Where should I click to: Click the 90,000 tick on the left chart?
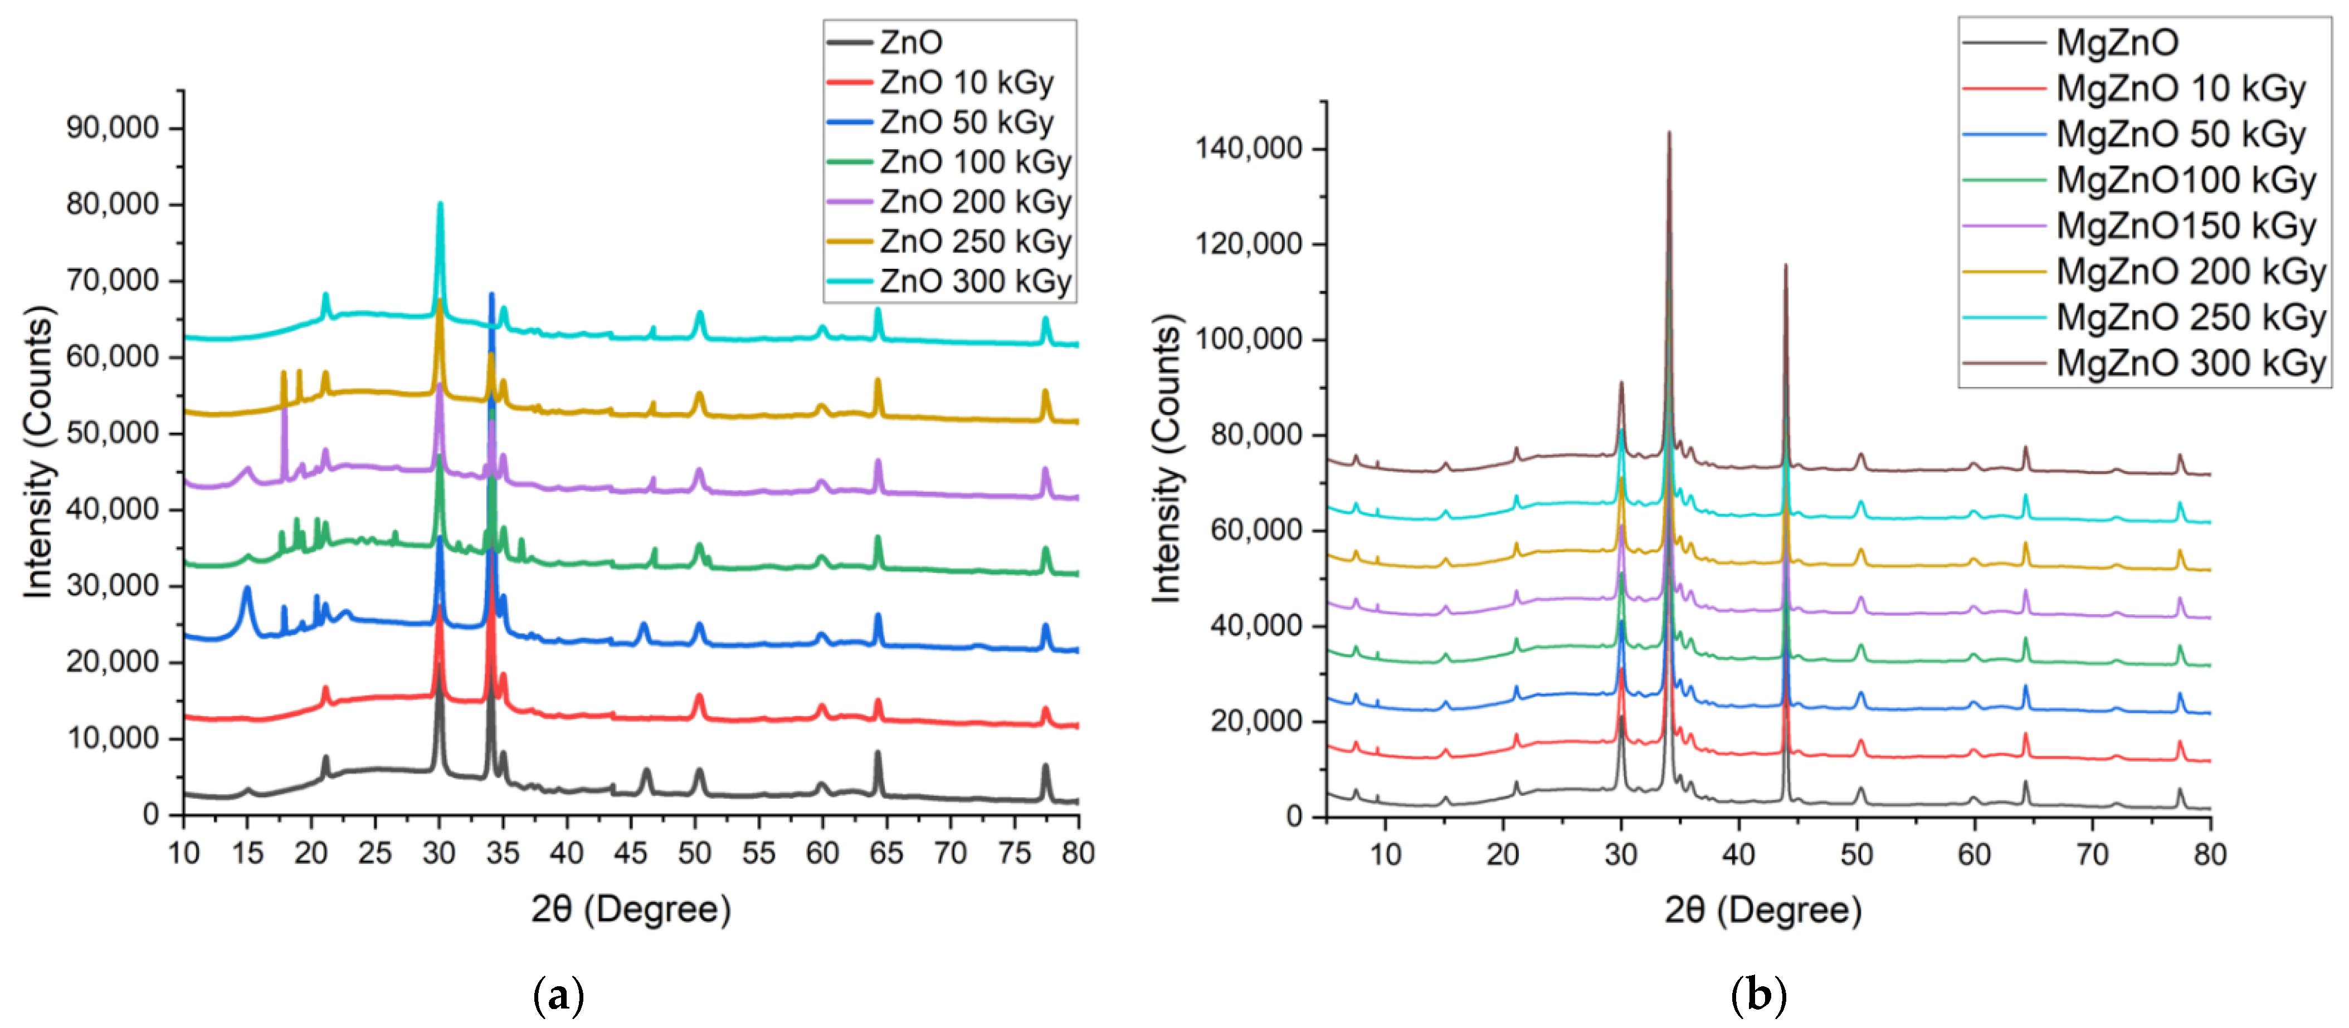click(112, 128)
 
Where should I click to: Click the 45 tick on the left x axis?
click(630, 853)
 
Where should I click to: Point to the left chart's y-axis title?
click(38, 452)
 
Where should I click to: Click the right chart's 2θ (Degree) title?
click(1763, 909)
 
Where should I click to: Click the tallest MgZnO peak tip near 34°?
click(1669, 133)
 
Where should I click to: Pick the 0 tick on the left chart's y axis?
click(152, 814)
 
